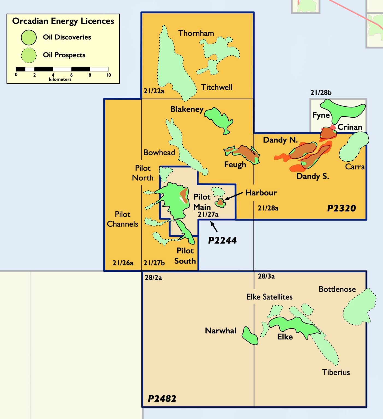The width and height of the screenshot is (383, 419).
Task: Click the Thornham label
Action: pyautogui.click(x=196, y=33)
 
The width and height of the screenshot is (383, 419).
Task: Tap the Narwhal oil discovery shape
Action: pyautogui.click(x=250, y=336)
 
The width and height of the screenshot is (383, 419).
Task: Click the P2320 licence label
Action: pyautogui.click(x=341, y=208)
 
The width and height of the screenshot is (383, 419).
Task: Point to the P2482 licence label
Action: pyautogui.click(x=162, y=399)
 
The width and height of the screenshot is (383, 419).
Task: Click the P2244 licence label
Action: pyautogui.click(x=222, y=240)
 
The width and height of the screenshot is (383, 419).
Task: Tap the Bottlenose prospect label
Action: pyautogui.click(x=337, y=289)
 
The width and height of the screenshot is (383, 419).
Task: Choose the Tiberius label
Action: pyautogui.click(x=336, y=372)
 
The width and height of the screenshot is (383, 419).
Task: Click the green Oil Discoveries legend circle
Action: pyautogui.click(x=29, y=37)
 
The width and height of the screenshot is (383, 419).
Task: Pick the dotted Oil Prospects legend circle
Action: pyautogui.click(x=29, y=55)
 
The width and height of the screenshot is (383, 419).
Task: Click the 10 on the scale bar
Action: pyautogui.click(x=108, y=75)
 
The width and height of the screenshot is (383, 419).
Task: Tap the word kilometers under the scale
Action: pyautogui.click(x=60, y=79)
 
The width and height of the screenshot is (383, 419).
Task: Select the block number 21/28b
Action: pyautogui.click(x=321, y=93)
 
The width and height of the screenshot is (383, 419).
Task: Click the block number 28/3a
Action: pyautogui.click(x=266, y=276)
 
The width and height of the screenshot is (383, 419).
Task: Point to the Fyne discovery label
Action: pyautogui.click(x=321, y=115)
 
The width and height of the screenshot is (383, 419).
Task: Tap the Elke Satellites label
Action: pyautogui.click(x=269, y=297)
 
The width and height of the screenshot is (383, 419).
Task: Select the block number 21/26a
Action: pyautogui.click(x=123, y=263)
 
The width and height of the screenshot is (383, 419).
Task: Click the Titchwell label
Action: pyautogui.click(x=217, y=87)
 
